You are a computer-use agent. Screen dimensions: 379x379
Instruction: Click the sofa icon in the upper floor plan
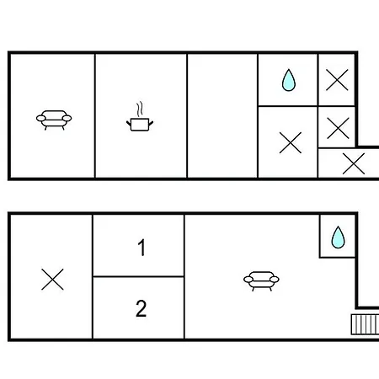pos(54,120)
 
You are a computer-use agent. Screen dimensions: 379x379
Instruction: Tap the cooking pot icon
pos(140,125)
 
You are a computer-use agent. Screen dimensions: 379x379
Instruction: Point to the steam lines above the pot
pos(140,109)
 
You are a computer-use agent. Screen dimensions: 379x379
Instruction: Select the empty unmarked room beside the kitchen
pos(222,115)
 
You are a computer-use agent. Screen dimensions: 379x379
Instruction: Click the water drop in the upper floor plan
pos(289,80)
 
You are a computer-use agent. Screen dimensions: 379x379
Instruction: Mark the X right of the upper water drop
pos(337,80)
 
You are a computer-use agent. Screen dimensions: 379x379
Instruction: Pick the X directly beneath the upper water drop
pos(291,142)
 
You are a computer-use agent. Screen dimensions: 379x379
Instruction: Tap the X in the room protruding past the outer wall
pos(354,163)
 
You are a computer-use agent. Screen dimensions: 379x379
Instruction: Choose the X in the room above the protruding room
pos(338,128)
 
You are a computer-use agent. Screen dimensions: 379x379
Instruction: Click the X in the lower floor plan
pos(52,280)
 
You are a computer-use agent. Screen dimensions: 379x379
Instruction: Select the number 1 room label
pos(141,248)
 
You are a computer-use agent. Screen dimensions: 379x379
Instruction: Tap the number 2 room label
pos(141,308)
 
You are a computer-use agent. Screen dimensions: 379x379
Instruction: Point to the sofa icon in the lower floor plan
pos(261,280)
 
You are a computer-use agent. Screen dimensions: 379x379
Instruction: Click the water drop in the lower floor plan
pos(338,238)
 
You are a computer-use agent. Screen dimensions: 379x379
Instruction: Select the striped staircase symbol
pos(365,324)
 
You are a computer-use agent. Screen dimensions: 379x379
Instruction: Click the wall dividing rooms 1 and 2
pos(138,276)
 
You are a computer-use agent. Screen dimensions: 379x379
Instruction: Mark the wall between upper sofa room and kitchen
pos(95,115)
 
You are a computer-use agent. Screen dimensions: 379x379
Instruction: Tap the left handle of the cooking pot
pos(129,123)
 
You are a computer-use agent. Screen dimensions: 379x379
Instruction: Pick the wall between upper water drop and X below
pos(288,106)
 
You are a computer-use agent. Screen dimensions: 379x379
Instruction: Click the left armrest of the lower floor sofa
pos(248,280)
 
